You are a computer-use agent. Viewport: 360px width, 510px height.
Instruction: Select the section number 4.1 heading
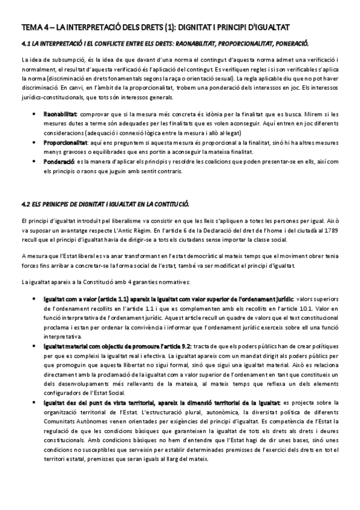(26, 43)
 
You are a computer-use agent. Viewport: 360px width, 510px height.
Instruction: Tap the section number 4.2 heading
(26, 204)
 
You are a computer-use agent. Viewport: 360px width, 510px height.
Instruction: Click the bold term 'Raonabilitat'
(60, 114)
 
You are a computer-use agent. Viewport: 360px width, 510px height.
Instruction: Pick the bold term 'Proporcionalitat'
(65, 143)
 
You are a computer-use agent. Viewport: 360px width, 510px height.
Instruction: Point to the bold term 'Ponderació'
(59, 162)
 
